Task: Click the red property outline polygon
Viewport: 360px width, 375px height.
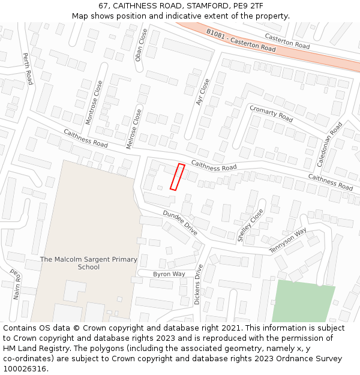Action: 177,177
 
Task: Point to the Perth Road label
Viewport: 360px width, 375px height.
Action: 28,68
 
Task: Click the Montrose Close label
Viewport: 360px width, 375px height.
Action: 94,103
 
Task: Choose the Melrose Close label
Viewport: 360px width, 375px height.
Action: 135,128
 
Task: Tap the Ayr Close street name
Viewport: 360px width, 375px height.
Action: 203,92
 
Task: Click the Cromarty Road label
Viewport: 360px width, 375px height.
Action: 271,113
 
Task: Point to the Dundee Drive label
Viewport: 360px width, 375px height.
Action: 180,222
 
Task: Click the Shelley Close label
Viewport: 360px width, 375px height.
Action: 250,226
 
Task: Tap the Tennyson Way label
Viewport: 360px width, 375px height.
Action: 287,240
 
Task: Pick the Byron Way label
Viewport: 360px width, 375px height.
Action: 169,274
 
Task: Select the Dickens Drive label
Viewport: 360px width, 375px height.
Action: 198,284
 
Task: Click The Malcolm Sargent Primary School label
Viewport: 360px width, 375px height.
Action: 88,263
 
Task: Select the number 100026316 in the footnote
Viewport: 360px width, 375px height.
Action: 26,369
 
